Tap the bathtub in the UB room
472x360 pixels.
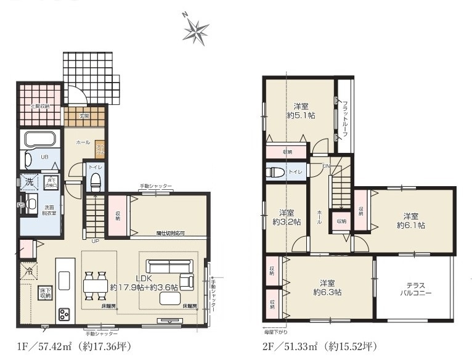click(40, 139)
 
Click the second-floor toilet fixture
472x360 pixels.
click(275, 172)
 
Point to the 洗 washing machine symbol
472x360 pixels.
click(29, 183)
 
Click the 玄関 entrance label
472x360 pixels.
click(84, 115)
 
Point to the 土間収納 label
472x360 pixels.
click(41, 105)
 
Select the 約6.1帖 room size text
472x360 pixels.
click(411, 225)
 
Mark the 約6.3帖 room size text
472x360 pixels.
click(327, 291)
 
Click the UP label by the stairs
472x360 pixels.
click(95, 241)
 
